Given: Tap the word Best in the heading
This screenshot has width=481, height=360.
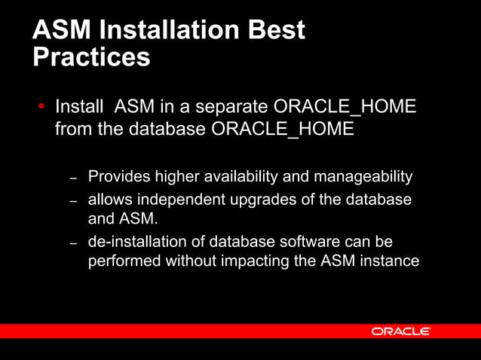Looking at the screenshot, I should coord(278,30).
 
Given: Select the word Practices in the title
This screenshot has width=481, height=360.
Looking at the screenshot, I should coord(91,57).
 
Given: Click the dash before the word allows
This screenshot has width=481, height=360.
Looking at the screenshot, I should coord(74,203).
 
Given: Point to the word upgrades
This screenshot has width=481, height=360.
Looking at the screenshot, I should coord(265,201).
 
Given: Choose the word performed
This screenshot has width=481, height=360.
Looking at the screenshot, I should coord(121,262).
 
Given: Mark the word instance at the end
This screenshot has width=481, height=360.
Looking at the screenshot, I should coord(390,262).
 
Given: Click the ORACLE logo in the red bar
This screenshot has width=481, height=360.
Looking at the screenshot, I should coord(400,331).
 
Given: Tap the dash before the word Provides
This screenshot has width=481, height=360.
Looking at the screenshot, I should coord(74,178).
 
